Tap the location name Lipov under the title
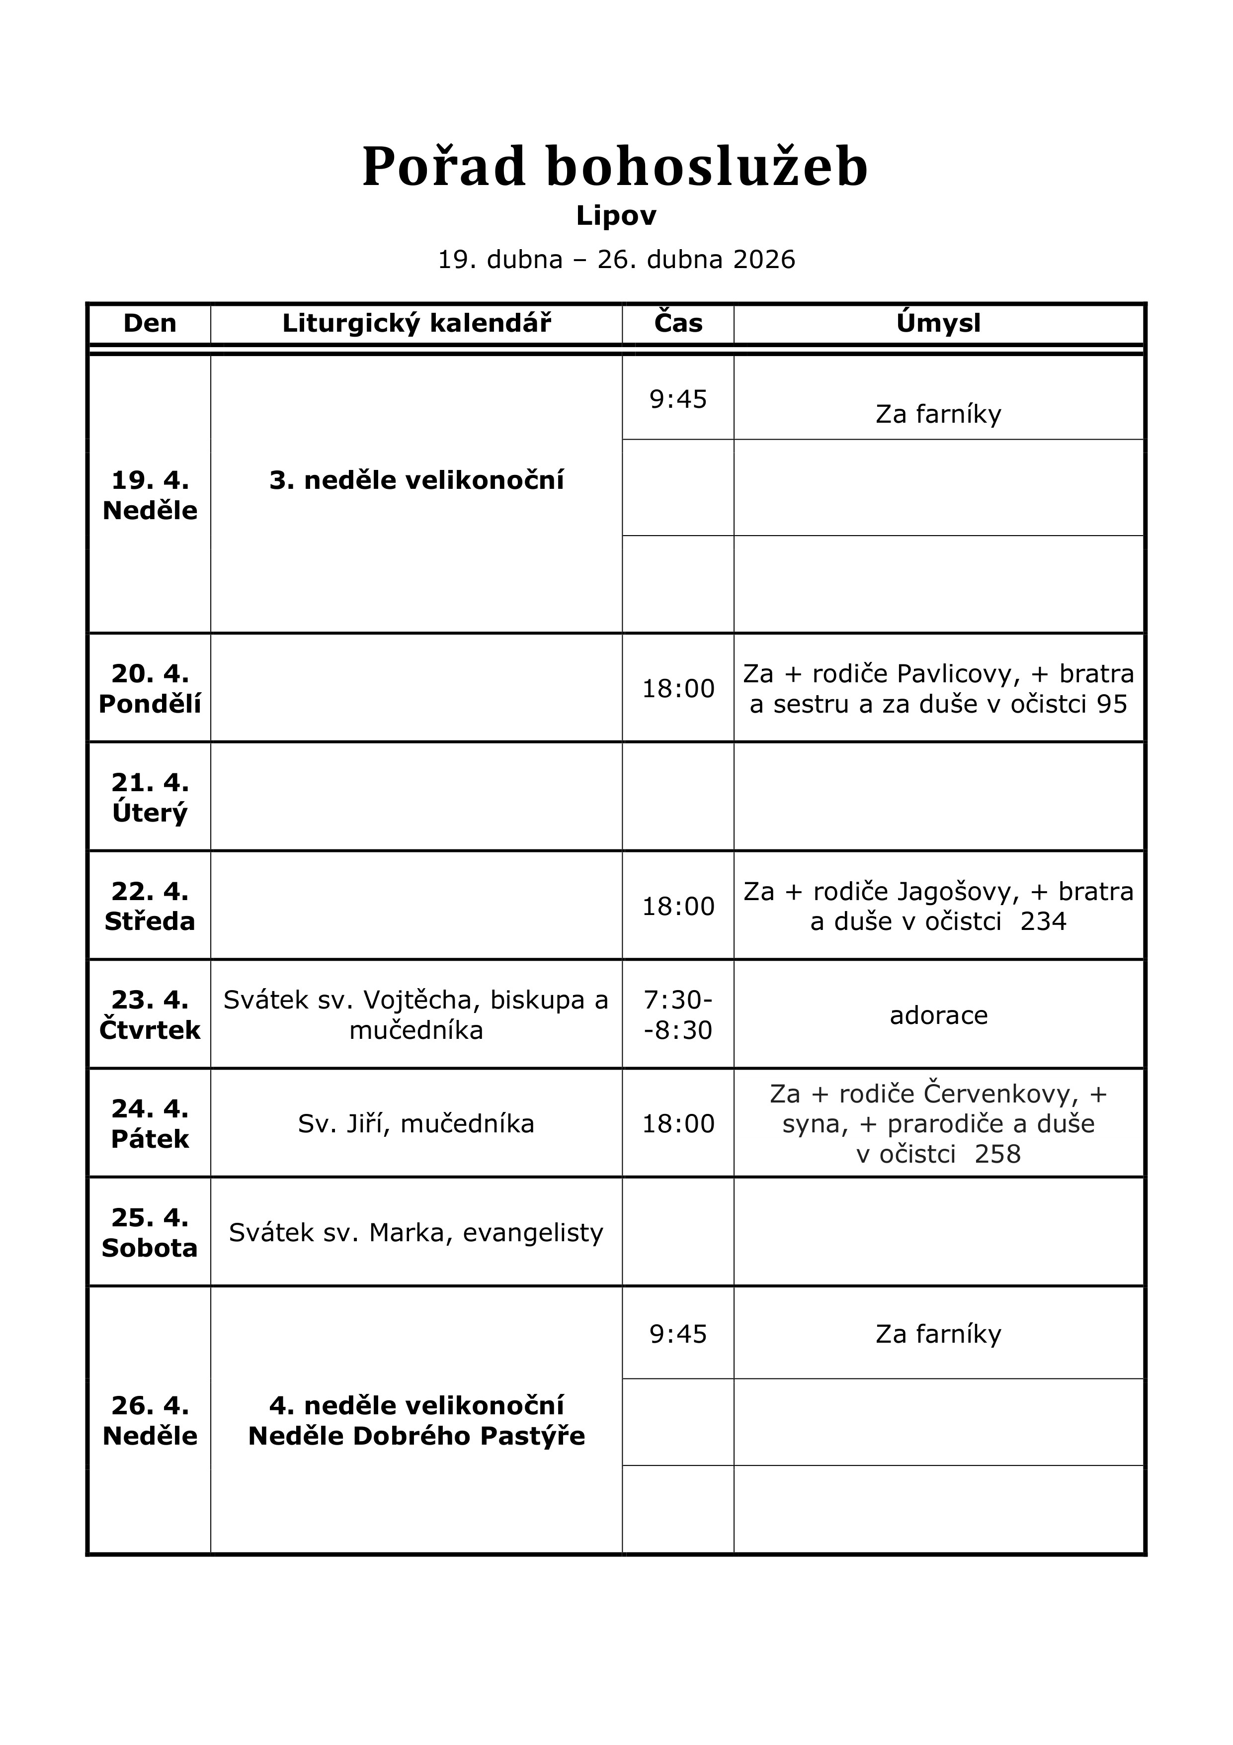(616, 216)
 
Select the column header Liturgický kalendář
(416, 324)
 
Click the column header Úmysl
(938, 324)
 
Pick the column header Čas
(678, 324)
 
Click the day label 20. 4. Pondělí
(150, 689)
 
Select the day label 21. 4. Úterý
(150, 797)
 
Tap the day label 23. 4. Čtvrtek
(150, 1014)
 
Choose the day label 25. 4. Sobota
(150, 1232)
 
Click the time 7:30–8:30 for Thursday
(678, 1014)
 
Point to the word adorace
(938, 1015)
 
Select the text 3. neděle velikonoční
(416, 480)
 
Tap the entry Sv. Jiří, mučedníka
(416, 1123)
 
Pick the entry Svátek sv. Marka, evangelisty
(416, 1232)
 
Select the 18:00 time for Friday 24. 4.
(678, 1123)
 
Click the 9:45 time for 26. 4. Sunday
(678, 1334)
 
